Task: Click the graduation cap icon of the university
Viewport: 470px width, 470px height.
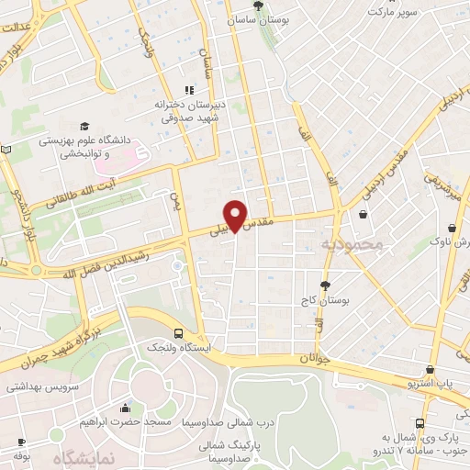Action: [84, 127]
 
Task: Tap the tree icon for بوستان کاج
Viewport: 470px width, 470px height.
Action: [324, 285]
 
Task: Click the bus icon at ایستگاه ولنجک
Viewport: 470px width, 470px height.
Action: [178, 334]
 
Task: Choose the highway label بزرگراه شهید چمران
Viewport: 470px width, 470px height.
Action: [65, 339]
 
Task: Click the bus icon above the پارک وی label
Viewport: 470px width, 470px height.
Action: [420, 424]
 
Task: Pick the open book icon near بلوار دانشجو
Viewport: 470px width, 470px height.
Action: [6, 150]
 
